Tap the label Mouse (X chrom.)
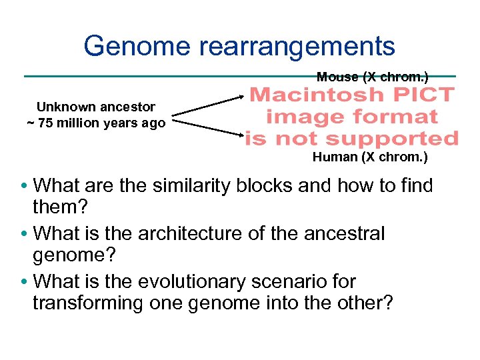tap(372, 77)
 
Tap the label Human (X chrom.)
tap(370, 158)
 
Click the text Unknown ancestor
tap(96, 107)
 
